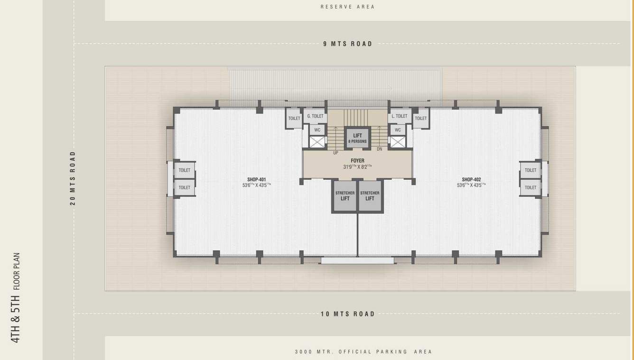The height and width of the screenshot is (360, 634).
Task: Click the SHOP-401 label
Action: point(256,180)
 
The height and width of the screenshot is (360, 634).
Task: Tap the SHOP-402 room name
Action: point(471,180)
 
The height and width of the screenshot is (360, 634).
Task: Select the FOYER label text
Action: point(357,161)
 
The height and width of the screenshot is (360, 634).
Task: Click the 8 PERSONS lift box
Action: point(357,138)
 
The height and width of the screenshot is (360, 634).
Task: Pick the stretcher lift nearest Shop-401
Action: point(345,196)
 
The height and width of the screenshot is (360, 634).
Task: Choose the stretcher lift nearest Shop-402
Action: point(370,196)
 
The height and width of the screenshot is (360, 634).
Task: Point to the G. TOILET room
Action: point(315,116)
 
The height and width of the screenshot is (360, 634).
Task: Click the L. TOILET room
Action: point(400,116)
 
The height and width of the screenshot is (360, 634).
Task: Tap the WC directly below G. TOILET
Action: point(317,130)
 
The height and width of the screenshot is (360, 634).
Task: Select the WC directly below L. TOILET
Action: point(398,130)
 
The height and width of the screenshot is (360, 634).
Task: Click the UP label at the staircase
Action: point(336,153)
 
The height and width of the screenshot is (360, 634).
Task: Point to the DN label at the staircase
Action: point(379,149)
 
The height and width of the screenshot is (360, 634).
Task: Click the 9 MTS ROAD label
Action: point(348,44)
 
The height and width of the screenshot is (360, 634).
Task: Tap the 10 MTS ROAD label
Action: point(348,314)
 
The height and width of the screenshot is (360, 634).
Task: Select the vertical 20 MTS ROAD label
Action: point(73,178)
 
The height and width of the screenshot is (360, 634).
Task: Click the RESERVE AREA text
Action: point(348,7)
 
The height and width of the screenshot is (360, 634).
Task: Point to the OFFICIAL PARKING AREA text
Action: point(364,352)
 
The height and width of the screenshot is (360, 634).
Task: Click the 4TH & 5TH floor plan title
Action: point(16,298)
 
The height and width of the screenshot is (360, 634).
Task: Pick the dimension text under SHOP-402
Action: point(471,185)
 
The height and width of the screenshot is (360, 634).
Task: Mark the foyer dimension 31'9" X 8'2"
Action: point(357,167)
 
